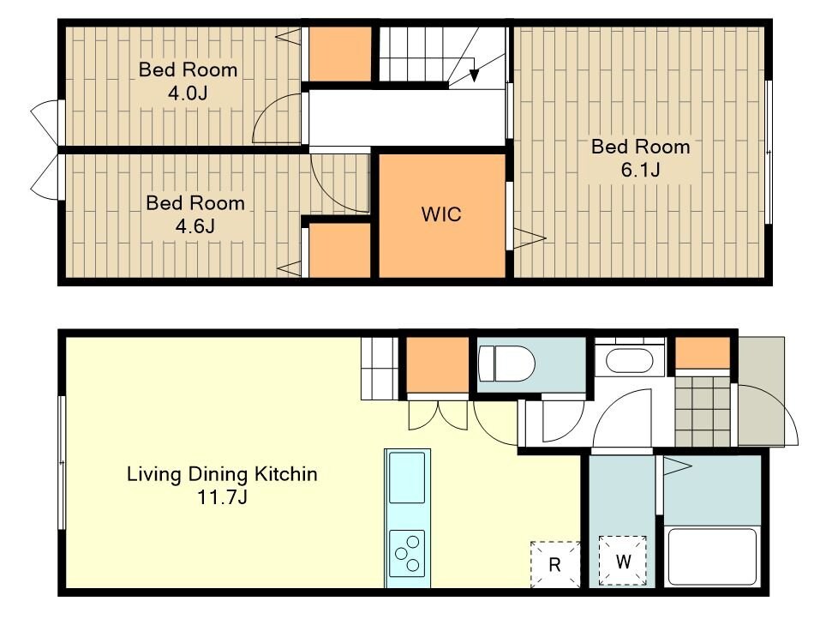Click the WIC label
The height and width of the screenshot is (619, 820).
[x=441, y=214]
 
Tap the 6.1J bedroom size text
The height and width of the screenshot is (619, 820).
[x=641, y=170]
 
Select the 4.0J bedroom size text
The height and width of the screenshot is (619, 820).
[x=188, y=93]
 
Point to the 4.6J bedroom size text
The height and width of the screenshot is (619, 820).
[x=195, y=226]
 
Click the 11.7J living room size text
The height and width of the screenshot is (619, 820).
[x=222, y=496]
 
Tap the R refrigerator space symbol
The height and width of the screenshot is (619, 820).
[x=555, y=565]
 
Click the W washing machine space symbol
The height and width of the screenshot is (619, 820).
[x=623, y=561]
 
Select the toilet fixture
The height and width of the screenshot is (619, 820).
[x=506, y=364]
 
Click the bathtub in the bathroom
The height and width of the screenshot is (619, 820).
[x=712, y=556]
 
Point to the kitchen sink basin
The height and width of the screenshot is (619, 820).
[x=407, y=478]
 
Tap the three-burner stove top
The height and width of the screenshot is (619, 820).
[x=407, y=553]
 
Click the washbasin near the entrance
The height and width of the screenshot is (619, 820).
[x=630, y=360]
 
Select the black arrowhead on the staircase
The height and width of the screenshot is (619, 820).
[x=474, y=75]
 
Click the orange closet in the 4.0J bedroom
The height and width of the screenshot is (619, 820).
[x=340, y=54]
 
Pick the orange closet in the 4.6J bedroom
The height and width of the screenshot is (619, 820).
[x=340, y=250]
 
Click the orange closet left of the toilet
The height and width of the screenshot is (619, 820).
[x=438, y=364]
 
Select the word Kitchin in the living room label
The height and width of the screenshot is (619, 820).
[x=285, y=474]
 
